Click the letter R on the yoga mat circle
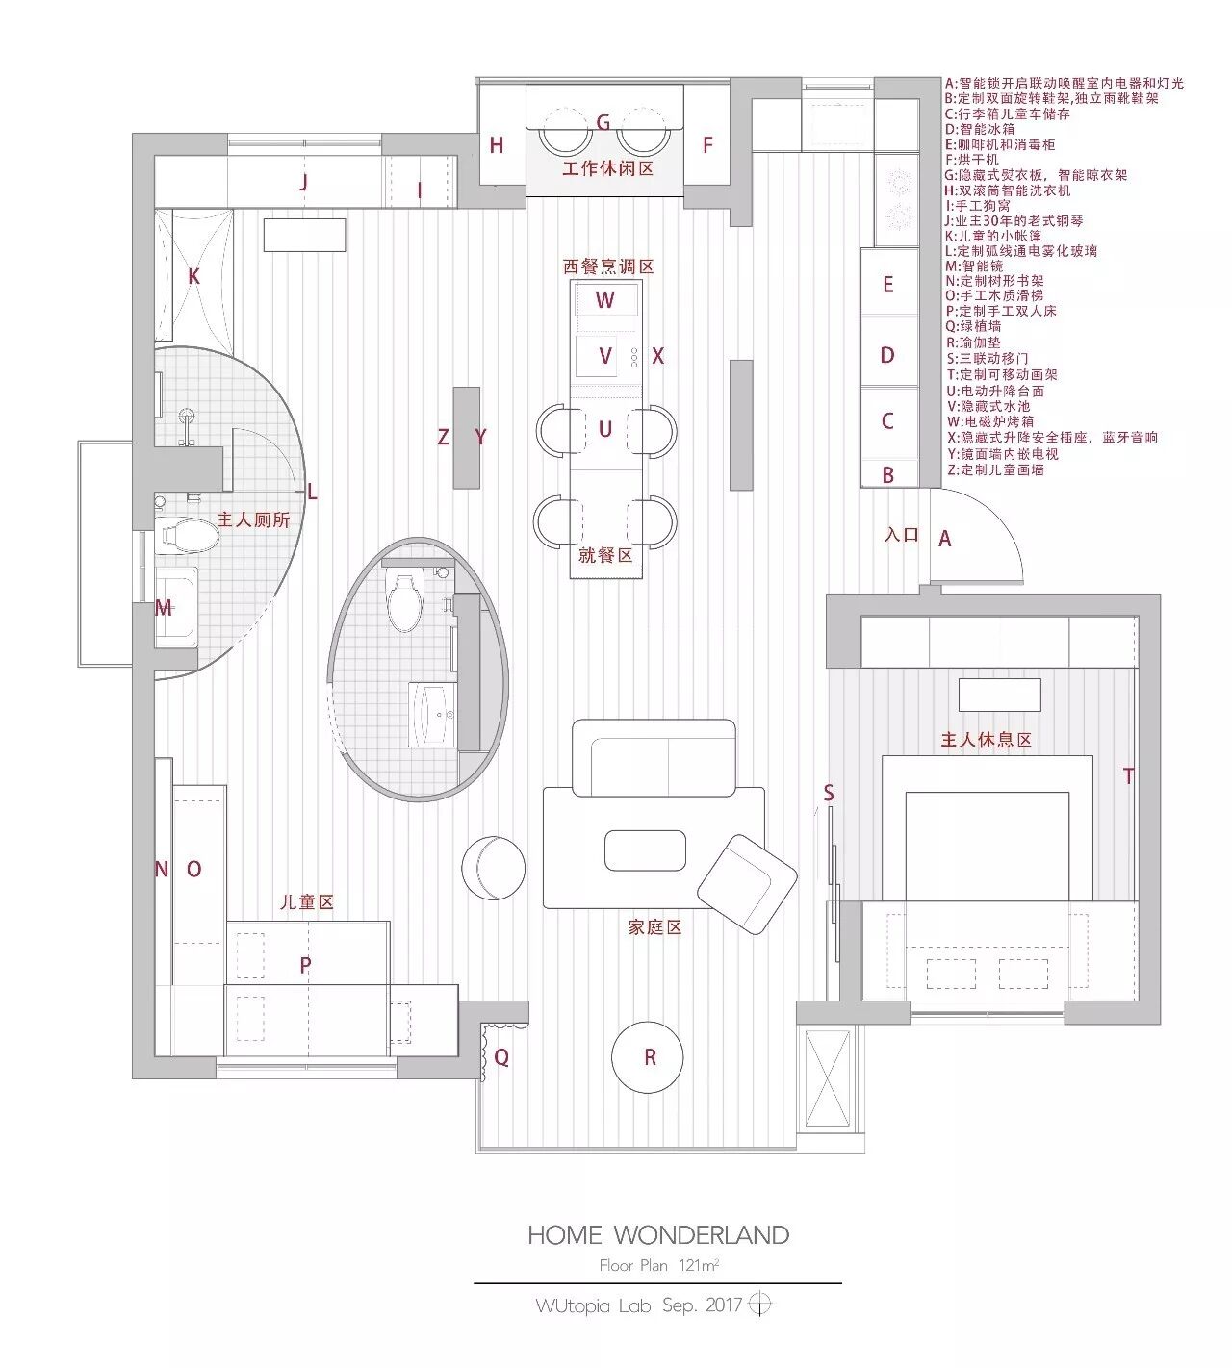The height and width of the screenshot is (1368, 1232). click(x=650, y=1057)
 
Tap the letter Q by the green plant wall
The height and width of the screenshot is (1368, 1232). click(x=501, y=1057)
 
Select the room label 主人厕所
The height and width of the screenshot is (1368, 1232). click(x=253, y=519)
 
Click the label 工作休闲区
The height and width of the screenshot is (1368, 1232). click(x=607, y=168)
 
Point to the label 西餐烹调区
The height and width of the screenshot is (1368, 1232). click(x=608, y=266)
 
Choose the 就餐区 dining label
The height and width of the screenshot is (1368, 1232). click(x=605, y=555)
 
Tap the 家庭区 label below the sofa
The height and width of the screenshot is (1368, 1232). click(x=654, y=926)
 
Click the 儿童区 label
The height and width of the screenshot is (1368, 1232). click(x=306, y=901)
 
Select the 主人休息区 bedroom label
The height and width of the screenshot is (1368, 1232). click(x=987, y=740)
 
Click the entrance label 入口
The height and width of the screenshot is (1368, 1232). click(x=902, y=534)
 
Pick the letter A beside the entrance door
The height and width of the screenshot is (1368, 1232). click(x=944, y=539)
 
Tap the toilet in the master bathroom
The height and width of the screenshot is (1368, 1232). click(x=187, y=535)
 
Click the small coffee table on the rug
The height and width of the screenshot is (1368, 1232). click(x=645, y=850)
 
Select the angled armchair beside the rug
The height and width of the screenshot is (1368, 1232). click(x=747, y=884)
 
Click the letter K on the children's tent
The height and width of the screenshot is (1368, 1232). click(x=193, y=276)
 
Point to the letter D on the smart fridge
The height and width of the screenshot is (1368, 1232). click(x=887, y=355)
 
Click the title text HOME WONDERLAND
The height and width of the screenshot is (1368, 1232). click(x=658, y=1235)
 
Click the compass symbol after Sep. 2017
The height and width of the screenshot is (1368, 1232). click(x=759, y=1304)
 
